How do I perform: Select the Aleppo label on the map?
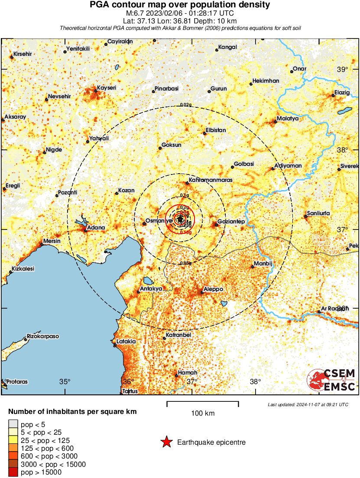[x=214, y=289]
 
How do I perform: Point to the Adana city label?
[x=95, y=227]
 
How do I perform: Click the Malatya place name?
[x=288, y=118]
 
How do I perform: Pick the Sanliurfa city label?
[x=318, y=213]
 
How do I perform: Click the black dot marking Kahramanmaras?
[x=188, y=183]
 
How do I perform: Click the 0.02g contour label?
[x=185, y=105]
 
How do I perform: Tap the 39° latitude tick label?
[x=343, y=70]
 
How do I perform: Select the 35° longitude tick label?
[x=65, y=381]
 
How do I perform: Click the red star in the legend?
[x=166, y=442]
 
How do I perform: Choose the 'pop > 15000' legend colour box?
[x=13, y=472]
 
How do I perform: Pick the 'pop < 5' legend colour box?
[x=13, y=424]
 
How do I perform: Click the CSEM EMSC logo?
[x=331, y=380]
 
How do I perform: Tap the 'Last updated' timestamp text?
[x=308, y=404]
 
